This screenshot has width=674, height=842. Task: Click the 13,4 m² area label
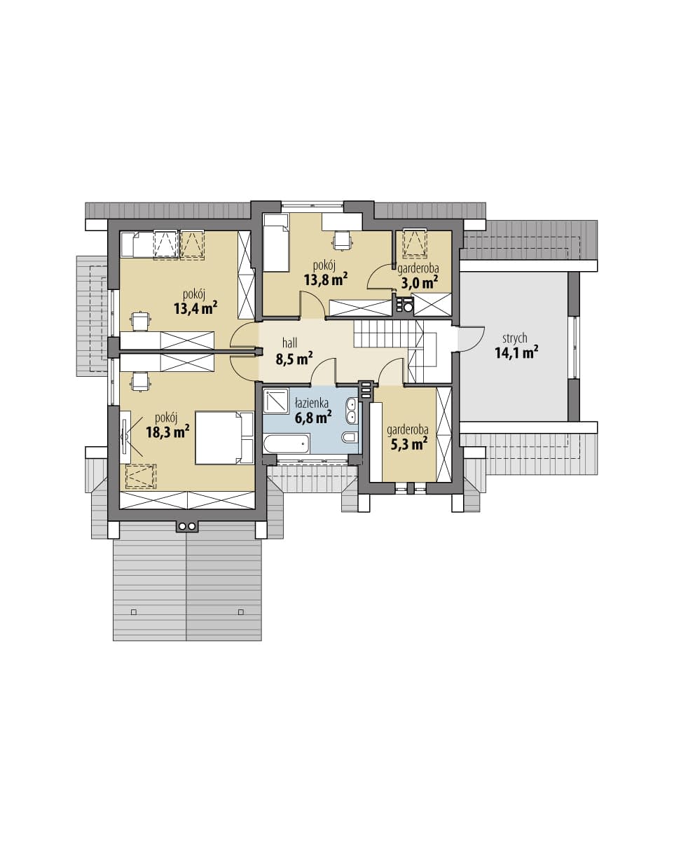(195, 308)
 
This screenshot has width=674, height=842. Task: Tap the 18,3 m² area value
(167, 432)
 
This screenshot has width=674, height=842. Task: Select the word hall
(289, 343)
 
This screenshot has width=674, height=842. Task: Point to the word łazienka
(312, 403)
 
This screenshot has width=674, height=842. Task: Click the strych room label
(515, 339)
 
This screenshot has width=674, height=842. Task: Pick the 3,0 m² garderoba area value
(419, 282)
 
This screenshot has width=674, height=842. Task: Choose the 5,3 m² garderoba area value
(408, 443)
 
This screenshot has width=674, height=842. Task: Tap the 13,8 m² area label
(326, 279)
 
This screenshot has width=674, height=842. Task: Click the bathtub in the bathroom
(287, 443)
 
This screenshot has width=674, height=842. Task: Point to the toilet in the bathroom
(350, 437)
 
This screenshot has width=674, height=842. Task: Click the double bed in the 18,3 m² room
(225, 437)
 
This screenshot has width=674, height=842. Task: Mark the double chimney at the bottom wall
(187, 526)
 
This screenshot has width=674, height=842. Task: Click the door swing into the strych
(472, 338)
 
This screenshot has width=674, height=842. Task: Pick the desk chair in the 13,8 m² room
(343, 240)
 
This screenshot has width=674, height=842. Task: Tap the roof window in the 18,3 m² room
(141, 476)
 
